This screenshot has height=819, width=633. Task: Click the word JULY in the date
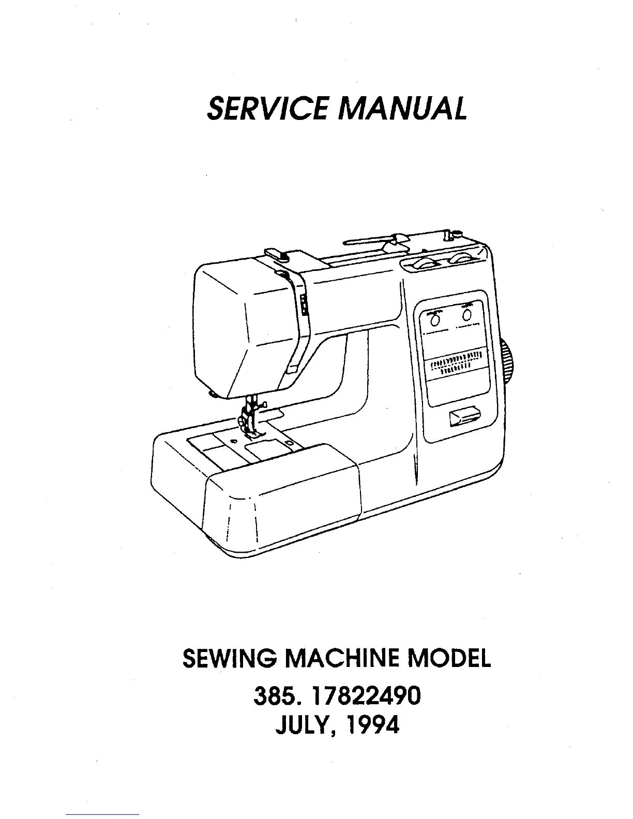coord(300,726)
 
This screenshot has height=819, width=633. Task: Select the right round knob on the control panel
coord(467,315)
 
